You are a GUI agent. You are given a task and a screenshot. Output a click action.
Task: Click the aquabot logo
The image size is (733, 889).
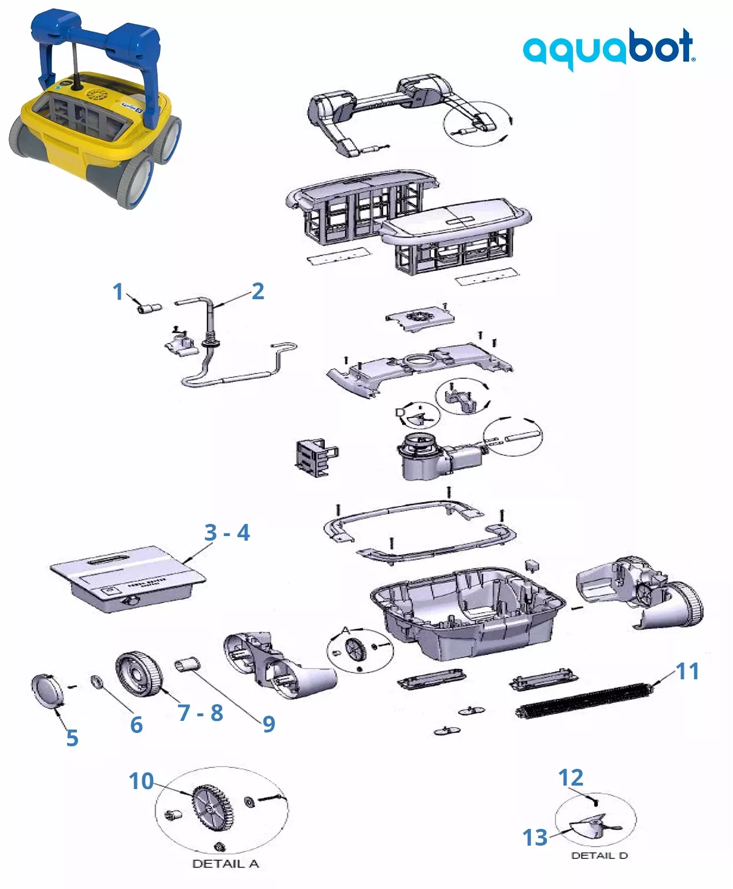click(609, 49)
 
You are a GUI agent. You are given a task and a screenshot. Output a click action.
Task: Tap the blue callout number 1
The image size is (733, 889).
click(118, 292)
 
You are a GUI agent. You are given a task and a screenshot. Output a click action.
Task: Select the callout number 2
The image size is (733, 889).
click(258, 291)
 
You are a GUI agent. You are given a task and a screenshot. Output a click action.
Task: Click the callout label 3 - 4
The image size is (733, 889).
click(227, 533)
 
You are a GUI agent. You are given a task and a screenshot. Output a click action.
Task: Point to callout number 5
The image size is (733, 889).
click(72, 738)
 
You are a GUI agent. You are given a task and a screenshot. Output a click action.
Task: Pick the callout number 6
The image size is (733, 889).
click(136, 724)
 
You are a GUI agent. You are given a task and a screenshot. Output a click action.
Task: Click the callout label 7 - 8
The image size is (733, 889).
click(200, 713)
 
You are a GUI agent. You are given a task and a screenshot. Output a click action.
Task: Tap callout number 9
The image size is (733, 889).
click(269, 724)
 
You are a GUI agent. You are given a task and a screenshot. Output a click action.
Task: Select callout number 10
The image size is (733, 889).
click(141, 781)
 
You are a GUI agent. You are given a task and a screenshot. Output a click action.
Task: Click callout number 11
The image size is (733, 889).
click(687, 671)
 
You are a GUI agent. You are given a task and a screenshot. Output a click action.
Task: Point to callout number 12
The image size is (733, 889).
click(571, 778)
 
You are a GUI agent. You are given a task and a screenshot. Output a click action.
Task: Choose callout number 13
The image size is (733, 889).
click(535, 837)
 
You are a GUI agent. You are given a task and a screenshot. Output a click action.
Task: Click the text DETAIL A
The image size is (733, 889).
click(225, 864)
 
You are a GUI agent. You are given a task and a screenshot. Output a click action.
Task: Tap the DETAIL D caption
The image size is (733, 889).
click(599, 855)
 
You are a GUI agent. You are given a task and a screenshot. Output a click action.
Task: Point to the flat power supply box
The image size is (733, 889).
click(127, 578)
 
